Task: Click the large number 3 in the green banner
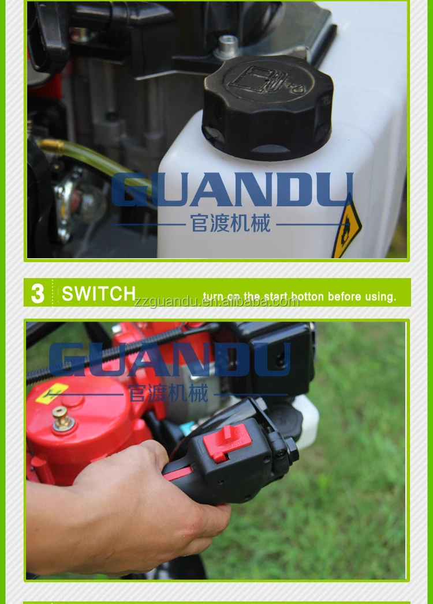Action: tap(38, 293)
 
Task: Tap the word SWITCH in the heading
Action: tap(99, 293)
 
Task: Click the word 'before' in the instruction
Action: tap(344, 297)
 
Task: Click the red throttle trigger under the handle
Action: tap(180, 474)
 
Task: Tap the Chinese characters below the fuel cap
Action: tap(231, 224)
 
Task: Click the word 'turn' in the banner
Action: tap(213, 297)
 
